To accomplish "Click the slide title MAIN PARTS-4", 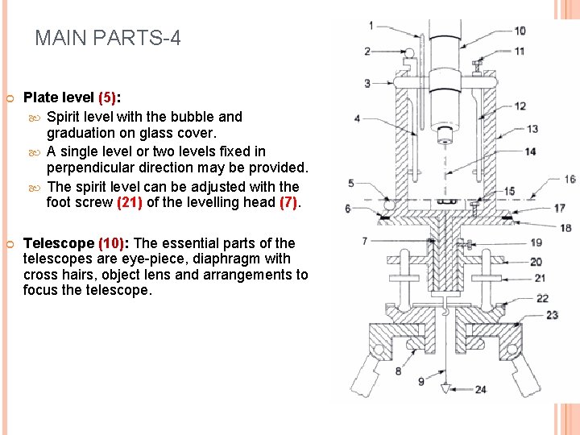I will (108, 38).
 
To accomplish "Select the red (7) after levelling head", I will (288, 203).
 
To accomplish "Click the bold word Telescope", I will (59, 243).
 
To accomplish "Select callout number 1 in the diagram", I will (371, 26).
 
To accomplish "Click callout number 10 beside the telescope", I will (520, 31).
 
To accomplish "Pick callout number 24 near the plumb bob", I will (480, 390).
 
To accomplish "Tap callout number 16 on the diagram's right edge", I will (570, 180).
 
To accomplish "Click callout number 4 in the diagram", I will (358, 119).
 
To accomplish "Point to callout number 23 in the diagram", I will (552, 315).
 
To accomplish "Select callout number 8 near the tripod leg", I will (398, 371).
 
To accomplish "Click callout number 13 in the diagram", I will (532, 129).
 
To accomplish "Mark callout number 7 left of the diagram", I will (365, 241).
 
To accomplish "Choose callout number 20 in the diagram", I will (536, 262).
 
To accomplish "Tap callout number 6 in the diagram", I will (348, 209).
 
